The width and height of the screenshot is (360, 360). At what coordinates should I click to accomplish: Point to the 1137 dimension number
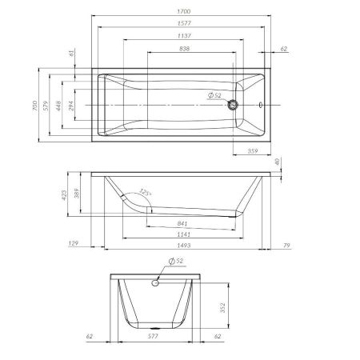pyautogui.click(x=185, y=38)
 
